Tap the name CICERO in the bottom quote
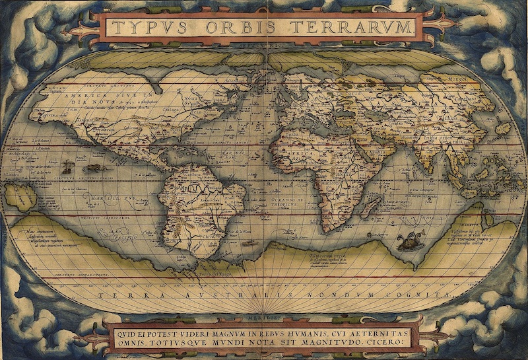[388, 343]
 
